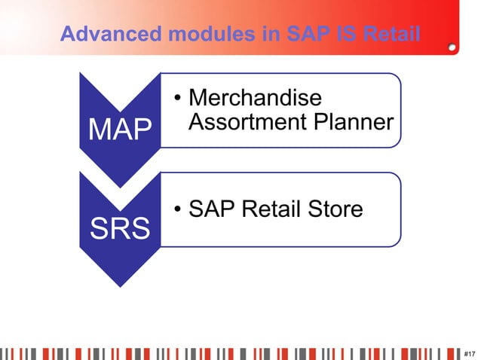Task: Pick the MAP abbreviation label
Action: (x=120, y=130)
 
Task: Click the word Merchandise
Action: (x=255, y=99)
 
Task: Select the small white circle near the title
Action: (x=451, y=47)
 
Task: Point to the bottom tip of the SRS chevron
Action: (x=119, y=286)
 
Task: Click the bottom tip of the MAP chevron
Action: (x=119, y=186)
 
